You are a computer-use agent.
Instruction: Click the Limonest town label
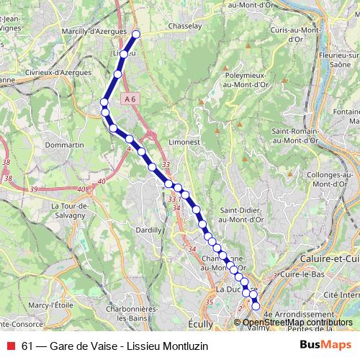pyautogui.click(x=184, y=143)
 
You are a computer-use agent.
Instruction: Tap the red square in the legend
pyautogui.click(x=10, y=345)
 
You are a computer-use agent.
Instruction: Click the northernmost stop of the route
pyautogui.click(x=136, y=33)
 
